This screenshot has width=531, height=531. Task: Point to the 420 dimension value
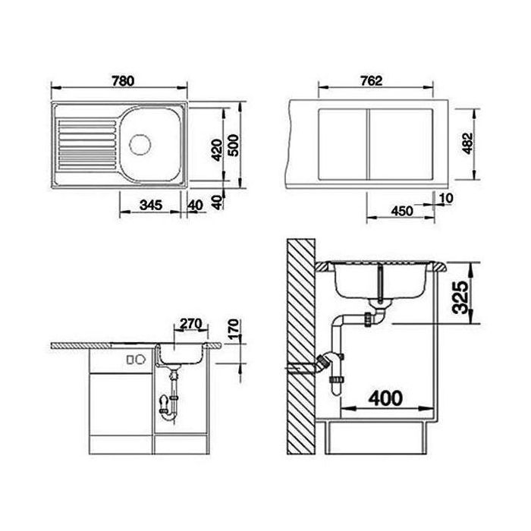click(x=217, y=147)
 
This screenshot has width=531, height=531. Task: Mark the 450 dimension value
click(x=402, y=212)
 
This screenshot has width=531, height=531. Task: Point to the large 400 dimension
click(x=388, y=396)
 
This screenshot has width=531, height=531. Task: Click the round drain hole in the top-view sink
click(x=140, y=142)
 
